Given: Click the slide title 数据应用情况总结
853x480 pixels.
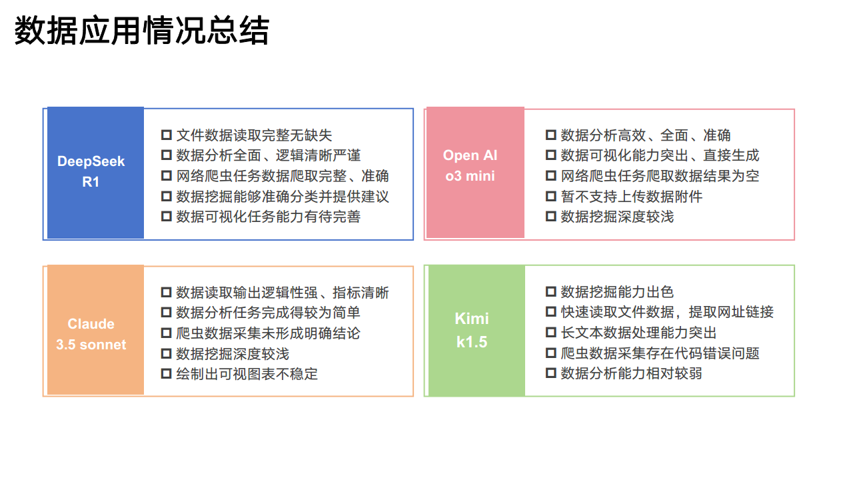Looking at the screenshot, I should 141,31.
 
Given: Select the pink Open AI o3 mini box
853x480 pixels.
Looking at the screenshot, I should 474,173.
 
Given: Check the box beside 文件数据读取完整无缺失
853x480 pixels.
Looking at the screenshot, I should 167,135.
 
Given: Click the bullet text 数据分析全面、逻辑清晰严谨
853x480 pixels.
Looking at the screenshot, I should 268,155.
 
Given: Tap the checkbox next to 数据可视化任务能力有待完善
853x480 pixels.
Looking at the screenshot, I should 167,217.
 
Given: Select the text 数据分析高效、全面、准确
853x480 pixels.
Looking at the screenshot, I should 645,135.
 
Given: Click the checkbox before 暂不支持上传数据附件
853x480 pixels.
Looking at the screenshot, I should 551,196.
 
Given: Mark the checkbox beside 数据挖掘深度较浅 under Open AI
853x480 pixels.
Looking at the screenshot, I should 551,217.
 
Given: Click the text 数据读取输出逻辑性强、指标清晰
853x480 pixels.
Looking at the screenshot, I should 283,293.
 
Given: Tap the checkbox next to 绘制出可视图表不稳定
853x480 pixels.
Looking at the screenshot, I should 167,374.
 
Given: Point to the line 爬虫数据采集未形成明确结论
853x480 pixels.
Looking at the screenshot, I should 268,333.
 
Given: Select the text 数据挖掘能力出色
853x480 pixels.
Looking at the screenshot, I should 617,292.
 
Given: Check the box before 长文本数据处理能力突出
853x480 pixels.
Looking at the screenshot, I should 551,333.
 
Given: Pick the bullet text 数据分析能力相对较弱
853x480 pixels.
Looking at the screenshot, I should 631,373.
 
